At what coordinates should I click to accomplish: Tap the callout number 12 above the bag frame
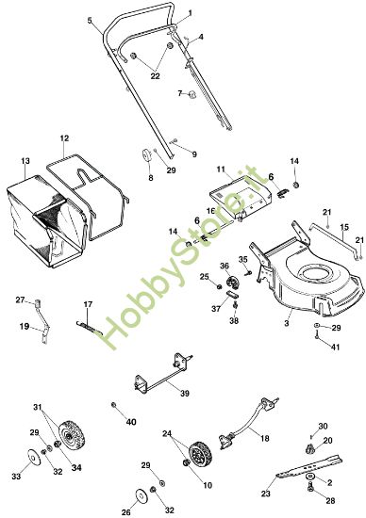[x=64, y=138]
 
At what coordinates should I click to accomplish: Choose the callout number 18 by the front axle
[x=264, y=439]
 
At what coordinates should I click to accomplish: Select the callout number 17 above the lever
[x=89, y=303]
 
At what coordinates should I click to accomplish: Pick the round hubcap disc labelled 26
[x=143, y=494]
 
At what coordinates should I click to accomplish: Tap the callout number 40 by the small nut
[x=131, y=421]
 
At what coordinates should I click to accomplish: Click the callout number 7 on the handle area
[x=177, y=93]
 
